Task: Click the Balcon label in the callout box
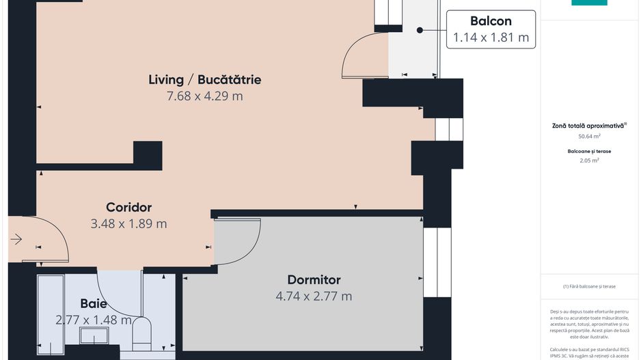491,21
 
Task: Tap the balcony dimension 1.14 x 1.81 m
491,38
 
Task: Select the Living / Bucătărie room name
204,79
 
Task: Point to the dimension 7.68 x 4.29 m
204,96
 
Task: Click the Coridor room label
128,207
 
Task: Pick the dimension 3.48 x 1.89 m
128,223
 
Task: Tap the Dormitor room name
314,279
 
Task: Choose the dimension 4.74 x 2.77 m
314,296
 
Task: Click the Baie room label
94,303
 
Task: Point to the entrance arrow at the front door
16,239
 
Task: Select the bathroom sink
94,335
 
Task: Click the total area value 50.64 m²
589,137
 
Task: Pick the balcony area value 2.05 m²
589,161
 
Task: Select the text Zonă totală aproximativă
588,126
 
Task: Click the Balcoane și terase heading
589,151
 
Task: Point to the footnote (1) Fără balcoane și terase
589,286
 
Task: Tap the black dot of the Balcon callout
420,29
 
